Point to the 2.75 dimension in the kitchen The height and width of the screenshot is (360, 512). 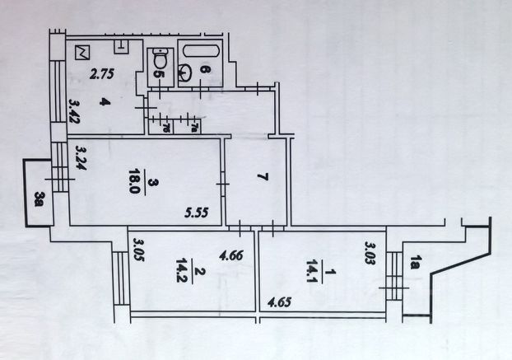coord(101,74)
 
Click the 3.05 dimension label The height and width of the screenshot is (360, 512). coord(139,249)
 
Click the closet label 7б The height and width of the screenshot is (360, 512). coord(164,126)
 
